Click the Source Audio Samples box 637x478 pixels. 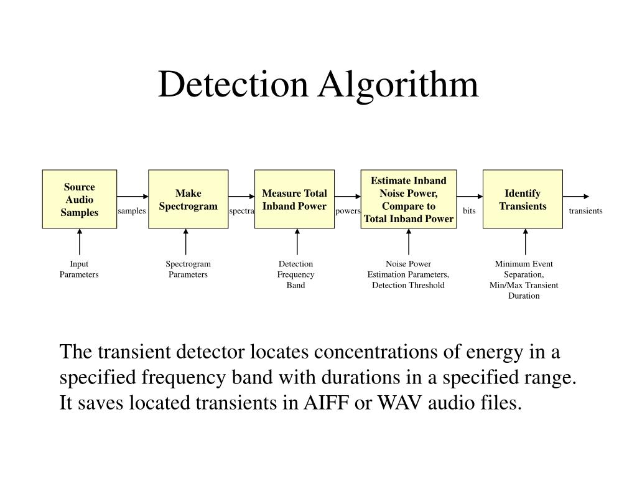click(x=80, y=199)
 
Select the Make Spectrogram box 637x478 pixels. click(x=188, y=199)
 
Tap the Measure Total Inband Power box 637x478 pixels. click(x=294, y=199)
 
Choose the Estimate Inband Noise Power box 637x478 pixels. click(x=408, y=199)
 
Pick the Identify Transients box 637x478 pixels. click(x=523, y=199)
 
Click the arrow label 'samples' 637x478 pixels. click(x=132, y=211)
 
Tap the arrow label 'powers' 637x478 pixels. click(x=348, y=211)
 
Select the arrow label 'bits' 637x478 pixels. click(x=469, y=211)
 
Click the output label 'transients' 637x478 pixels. click(x=585, y=211)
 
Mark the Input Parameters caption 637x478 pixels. click(x=79, y=269)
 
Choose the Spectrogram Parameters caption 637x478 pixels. click(x=188, y=269)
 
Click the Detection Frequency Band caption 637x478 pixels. click(x=295, y=274)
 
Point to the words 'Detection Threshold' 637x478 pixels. click(x=408, y=285)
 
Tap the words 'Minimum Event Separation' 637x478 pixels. click(x=524, y=269)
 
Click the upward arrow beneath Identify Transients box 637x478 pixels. click(x=526, y=241)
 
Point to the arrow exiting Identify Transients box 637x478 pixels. click(x=575, y=199)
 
